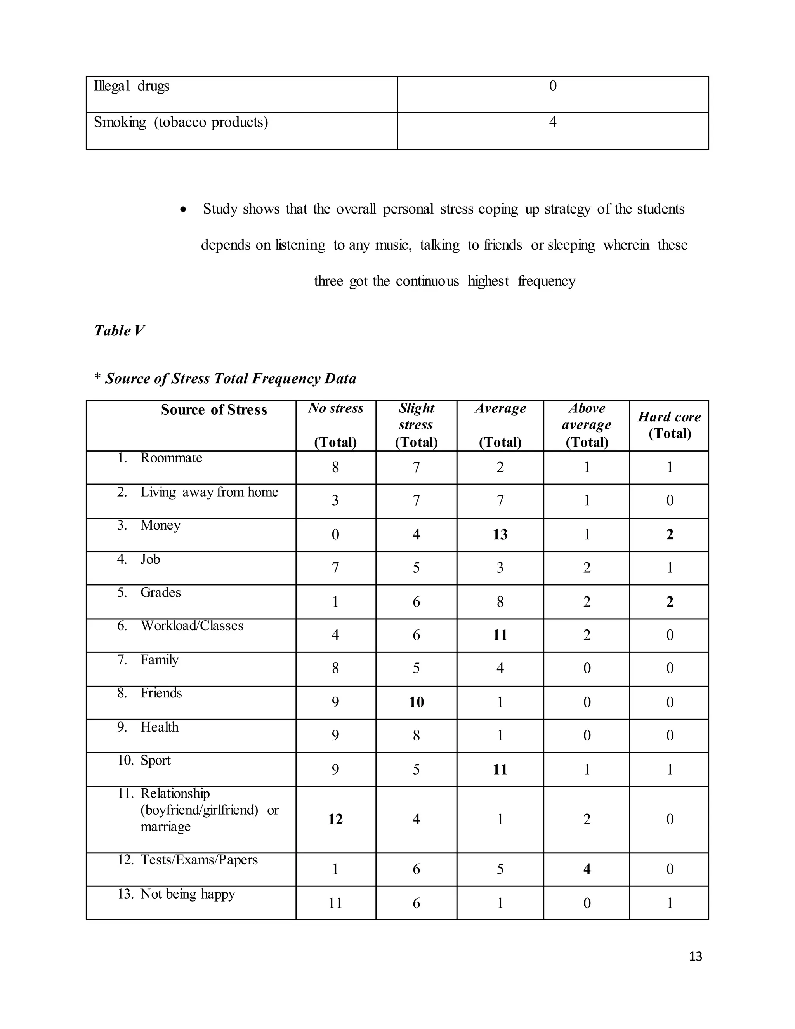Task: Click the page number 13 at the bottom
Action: tap(695, 956)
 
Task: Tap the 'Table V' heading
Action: tap(119, 331)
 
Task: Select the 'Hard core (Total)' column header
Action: tap(669, 425)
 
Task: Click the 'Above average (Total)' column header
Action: tap(587, 425)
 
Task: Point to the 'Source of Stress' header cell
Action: tap(214, 410)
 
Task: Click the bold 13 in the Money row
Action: tap(500, 535)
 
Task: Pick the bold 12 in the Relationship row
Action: tap(335, 819)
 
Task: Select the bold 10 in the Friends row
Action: tap(417, 702)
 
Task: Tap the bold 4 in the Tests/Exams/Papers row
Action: tap(587, 869)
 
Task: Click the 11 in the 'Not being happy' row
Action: tap(335, 903)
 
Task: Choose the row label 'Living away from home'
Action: tap(209, 492)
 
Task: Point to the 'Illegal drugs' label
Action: tap(132, 86)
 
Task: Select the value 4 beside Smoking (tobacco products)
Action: tap(552, 122)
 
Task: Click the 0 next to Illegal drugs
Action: tap(553, 86)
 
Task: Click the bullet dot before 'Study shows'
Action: tap(184, 210)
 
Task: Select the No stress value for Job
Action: tap(335, 568)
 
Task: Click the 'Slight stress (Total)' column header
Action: tap(417, 425)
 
